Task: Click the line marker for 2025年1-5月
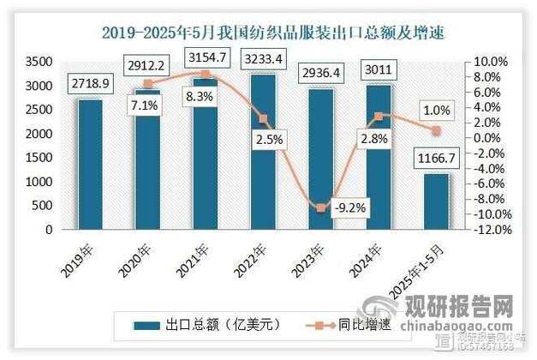[x=436, y=130]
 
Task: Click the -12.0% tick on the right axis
[x=492, y=230]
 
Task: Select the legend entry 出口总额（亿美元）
[x=208, y=326]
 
